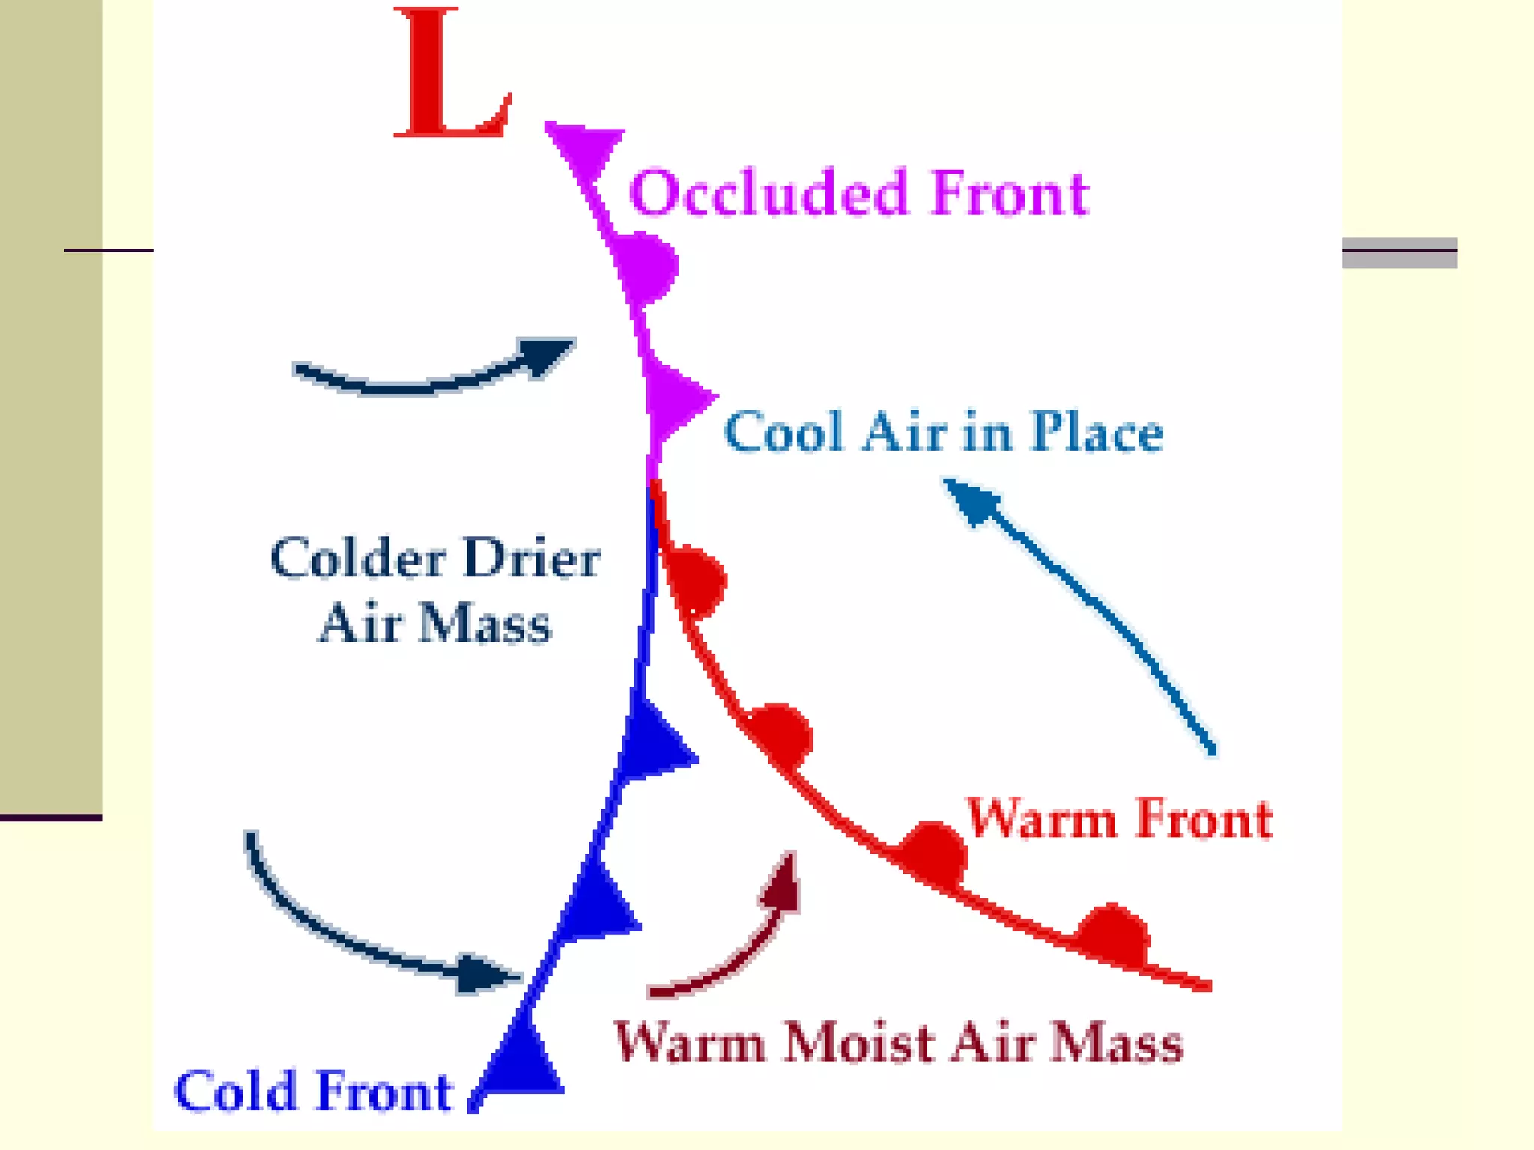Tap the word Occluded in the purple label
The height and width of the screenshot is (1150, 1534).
pyautogui.click(x=768, y=193)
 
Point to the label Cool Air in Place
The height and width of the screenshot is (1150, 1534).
pyautogui.click(x=944, y=432)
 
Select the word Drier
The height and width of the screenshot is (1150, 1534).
pyautogui.click(x=532, y=559)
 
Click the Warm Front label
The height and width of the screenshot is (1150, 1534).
pyautogui.click(x=1119, y=818)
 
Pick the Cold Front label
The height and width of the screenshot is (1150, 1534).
pyautogui.click(x=313, y=1091)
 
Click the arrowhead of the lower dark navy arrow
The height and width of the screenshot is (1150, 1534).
pyautogui.click(x=483, y=973)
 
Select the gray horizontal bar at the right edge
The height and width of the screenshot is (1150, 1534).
pyautogui.click(x=1398, y=253)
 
